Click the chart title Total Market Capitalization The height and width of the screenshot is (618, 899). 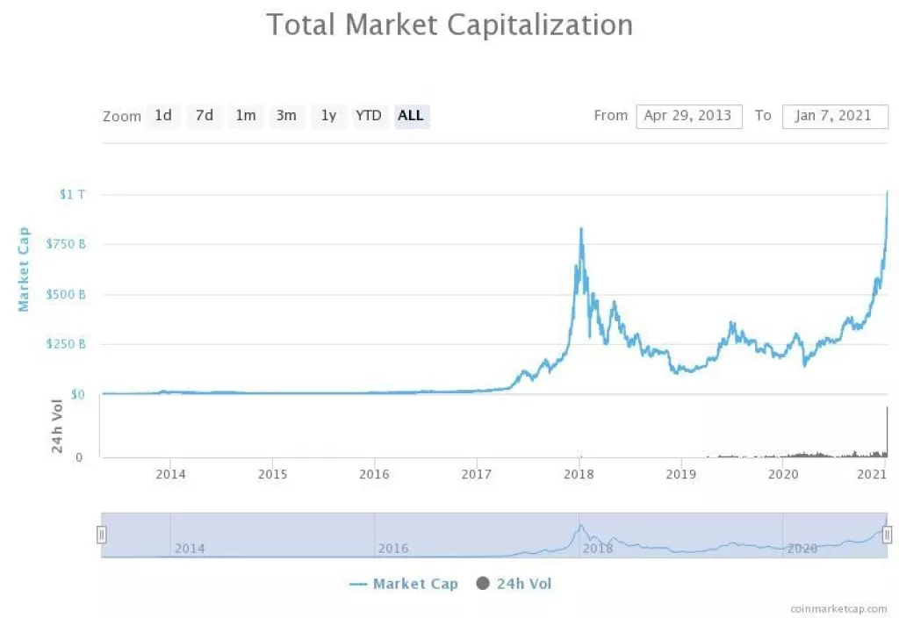(449, 25)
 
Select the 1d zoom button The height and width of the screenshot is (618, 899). (163, 115)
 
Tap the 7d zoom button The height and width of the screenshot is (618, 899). (205, 115)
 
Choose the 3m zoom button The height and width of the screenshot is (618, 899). (286, 115)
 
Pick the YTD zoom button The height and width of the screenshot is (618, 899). (368, 115)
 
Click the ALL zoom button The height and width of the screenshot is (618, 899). (411, 115)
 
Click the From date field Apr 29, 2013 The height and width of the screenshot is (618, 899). (688, 116)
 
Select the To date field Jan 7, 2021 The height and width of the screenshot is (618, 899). (834, 116)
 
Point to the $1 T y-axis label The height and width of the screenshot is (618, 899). (72, 194)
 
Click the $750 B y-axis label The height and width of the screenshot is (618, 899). (66, 244)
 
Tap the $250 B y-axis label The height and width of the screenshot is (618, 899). (66, 344)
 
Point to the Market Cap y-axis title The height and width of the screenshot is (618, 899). (25, 269)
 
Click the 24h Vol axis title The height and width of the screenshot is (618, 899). (57, 426)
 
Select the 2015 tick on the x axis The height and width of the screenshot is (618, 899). (272, 475)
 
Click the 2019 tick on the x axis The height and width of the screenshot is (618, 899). (680, 475)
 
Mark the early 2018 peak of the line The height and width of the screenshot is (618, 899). (580, 229)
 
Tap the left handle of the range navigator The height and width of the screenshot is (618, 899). (102, 535)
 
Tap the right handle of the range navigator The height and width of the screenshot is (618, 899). (888, 535)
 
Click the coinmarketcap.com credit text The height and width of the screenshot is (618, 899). (838, 607)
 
